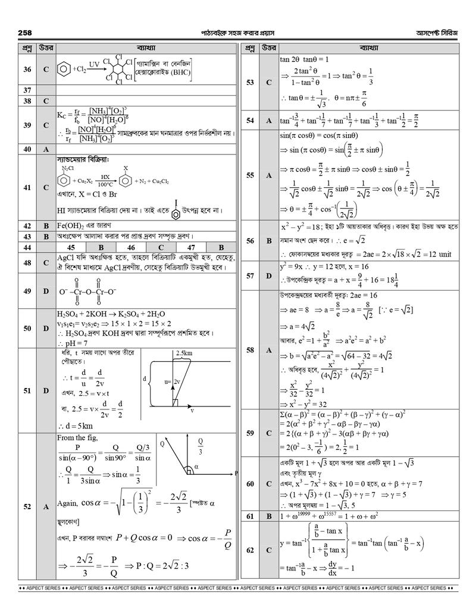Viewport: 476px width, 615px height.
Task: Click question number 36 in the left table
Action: click(27, 70)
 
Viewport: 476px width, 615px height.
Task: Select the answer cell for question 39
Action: click(46, 125)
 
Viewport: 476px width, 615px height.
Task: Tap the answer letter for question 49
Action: click(46, 291)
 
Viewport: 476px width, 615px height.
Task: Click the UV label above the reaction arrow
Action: click(95, 62)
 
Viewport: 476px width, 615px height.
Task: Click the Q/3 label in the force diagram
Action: click(201, 446)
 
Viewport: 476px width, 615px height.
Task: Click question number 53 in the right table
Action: click(250, 82)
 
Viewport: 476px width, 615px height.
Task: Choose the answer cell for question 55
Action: click(269, 175)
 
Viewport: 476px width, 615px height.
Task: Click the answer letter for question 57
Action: click(269, 276)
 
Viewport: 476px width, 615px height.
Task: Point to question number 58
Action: click(250, 350)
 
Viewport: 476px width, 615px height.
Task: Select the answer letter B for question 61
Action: click(269, 516)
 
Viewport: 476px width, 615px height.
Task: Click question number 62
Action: click(250, 550)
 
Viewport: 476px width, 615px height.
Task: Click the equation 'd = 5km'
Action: click(77, 425)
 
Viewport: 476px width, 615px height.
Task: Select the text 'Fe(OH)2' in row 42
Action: click(71, 226)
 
